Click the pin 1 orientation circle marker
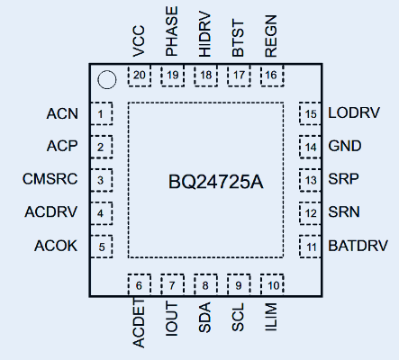[x=106, y=80]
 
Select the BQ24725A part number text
[x=216, y=182]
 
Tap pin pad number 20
[x=139, y=76]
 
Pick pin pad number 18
[x=205, y=76]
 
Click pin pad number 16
[x=271, y=76]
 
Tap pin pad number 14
[x=311, y=147]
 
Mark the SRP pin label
[x=343, y=179]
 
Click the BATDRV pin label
[x=358, y=245]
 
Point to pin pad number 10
[x=271, y=285]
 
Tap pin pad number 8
[x=205, y=285]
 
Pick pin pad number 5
[x=102, y=245]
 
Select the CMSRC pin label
[x=50, y=179]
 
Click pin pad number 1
[x=102, y=113]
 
